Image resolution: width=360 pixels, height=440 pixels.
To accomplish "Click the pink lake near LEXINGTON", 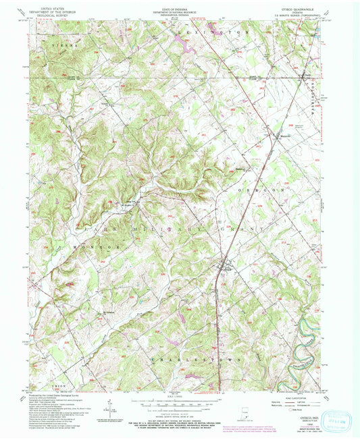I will pyautogui.click(x=183, y=45).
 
